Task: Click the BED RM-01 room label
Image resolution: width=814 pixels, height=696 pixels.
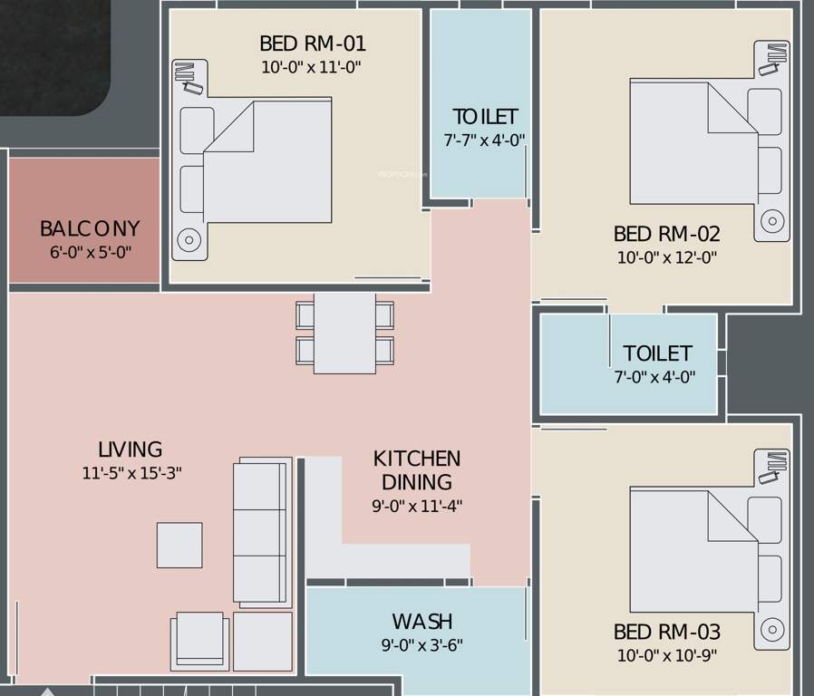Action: coord(313,43)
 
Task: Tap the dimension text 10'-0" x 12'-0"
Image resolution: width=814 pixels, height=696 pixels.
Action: coord(667,257)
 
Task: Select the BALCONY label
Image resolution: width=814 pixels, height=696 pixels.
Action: coord(90,228)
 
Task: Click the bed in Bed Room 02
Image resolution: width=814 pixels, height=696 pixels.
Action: coord(694,142)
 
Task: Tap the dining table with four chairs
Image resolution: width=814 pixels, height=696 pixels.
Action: coord(344,332)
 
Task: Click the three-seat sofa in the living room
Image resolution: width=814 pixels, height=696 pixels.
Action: coord(262,532)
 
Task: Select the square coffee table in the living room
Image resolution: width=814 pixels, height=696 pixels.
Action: coord(179,545)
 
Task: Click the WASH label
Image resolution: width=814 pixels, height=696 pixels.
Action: coord(422,622)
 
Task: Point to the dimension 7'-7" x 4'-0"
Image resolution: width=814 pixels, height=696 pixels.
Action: coord(484,140)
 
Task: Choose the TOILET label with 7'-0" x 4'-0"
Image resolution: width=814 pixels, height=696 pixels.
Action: coord(657,353)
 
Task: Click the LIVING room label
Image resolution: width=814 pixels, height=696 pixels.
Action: coord(130,449)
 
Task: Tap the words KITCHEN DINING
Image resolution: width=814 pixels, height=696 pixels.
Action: coord(417,470)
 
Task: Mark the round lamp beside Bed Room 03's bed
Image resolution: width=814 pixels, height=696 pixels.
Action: coord(771,628)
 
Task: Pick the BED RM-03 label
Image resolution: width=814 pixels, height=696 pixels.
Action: coord(667,632)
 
